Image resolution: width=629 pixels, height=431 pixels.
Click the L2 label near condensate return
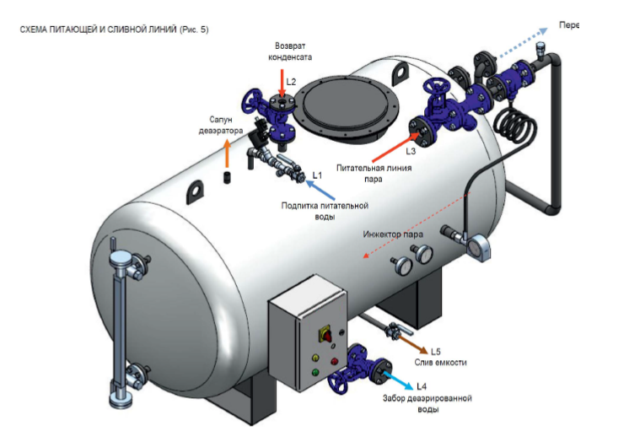point(291,82)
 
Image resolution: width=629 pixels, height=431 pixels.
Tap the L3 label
point(411,152)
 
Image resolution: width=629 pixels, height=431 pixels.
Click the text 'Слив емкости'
point(440,363)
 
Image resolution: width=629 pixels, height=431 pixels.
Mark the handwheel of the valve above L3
point(438,89)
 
